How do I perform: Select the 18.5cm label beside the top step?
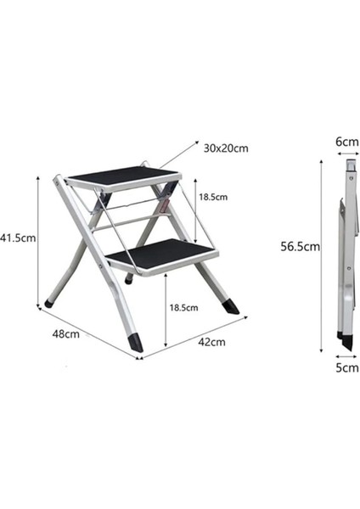click(213, 197)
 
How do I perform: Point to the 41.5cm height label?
click(17, 238)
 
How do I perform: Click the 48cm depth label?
click(65, 333)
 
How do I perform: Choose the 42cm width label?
click(211, 342)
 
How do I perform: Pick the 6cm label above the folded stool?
click(347, 142)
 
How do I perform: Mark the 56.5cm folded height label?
click(300, 247)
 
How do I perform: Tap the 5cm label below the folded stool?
click(347, 368)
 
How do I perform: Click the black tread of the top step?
click(124, 177)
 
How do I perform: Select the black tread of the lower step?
click(163, 254)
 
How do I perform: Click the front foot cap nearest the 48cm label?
click(136, 342)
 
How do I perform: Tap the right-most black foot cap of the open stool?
click(231, 306)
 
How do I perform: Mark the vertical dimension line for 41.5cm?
click(38, 242)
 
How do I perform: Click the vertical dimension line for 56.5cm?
click(321, 255)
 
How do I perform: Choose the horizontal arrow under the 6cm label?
click(347, 156)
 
